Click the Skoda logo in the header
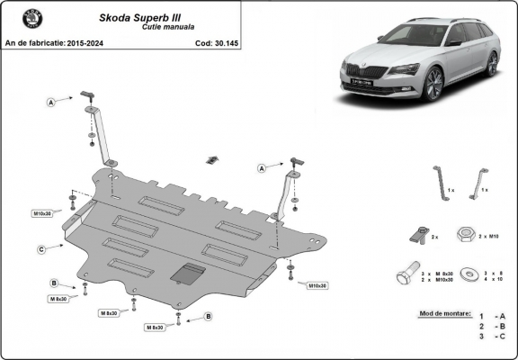[x=20, y=20]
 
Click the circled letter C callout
[x=42, y=249]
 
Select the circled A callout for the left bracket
[x=52, y=103]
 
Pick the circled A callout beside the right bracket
[x=263, y=167]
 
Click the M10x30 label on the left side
[x=42, y=213]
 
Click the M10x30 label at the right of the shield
[x=317, y=285]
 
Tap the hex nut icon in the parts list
[x=465, y=235]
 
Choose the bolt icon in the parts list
[x=406, y=273]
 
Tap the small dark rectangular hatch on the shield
[x=186, y=271]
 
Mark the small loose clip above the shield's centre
[x=211, y=159]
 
